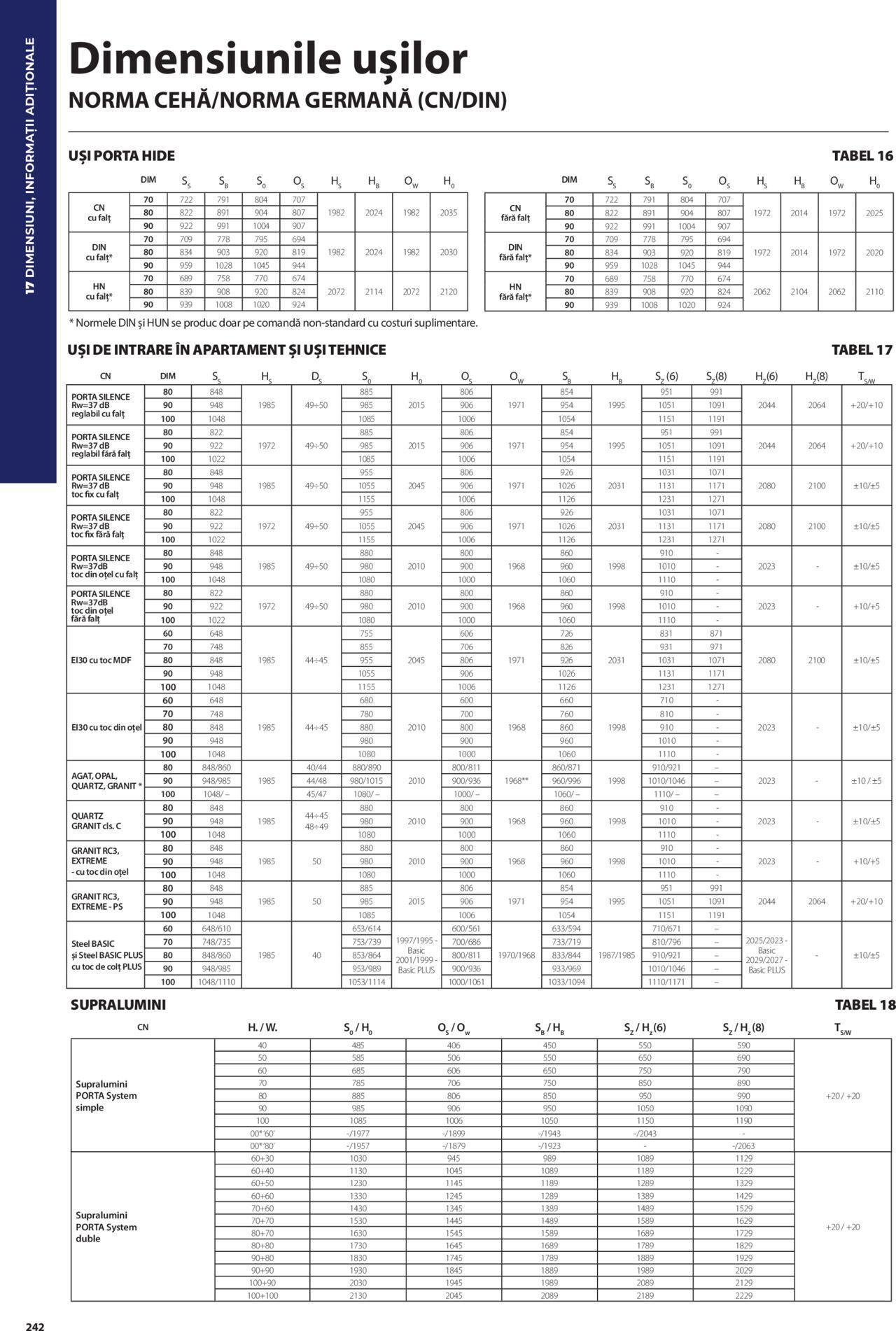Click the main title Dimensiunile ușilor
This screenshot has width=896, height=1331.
pyautogui.click(x=268, y=59)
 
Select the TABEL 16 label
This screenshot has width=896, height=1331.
pyautogui.click(x=862, y=156)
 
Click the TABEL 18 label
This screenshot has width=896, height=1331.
pyautogui.click(x=864, y=1005)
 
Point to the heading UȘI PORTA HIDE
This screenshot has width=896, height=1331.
pyautogui.click(x=121, y=156)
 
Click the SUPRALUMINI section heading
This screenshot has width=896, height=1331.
pyautogui.click(x=118, y=1005)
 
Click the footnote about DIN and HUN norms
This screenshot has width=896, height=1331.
pyautogui.click(x=273, y=323)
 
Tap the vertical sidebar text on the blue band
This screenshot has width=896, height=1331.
pyautogui.click(x=29, y=166)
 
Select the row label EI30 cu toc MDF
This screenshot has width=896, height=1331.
pyautogui.click(x=101, y=660)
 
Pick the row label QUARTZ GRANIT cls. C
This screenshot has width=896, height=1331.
pyautogui.click(x=97, y=821)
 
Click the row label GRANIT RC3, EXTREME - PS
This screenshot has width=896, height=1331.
pyautogui.click(x=97, y=901)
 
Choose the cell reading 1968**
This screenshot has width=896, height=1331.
pyautogui.click(x=516, y=781)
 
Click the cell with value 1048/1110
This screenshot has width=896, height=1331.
pyautogui.click(x=216, y=982)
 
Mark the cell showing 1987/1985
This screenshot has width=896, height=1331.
pyautogui.click(x=616, y=955)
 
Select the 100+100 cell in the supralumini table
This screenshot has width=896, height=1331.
pyautogui.click(x=262, y=1295)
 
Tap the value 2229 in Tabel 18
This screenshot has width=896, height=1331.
pyautogui.click(x=743, y=1295)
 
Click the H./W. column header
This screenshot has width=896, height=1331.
pyautogui.click(x=262, y=1028)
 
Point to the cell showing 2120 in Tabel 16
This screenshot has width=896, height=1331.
pyautogui.click(x=448, y=292)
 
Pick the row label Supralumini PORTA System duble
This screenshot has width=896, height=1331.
pyautogui.click(x=106, y=1227)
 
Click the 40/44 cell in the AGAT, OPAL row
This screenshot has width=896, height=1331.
pyautogui.click(x=316, y=768)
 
